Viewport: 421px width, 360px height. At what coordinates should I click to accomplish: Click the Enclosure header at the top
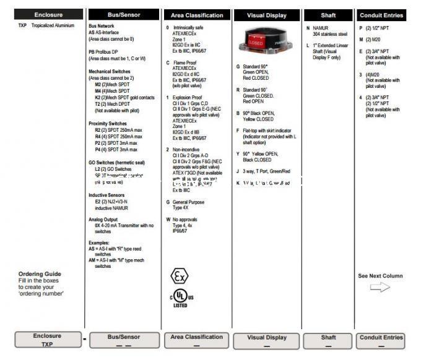pyautogui.click(x=48, y=14)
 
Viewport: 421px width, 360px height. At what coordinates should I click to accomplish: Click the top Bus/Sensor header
pyautogui.click(x=123, y=14)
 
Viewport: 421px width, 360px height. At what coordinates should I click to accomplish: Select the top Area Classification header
pyautogui.click(x=196, y=14)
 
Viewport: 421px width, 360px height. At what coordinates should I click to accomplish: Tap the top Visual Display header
pyautogui.click(x=267, y=14)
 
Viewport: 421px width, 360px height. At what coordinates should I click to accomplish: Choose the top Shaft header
pyautogui.click(x=328, y=14)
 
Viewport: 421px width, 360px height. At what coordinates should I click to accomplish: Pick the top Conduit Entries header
pyautogui.click(x=381, y=14)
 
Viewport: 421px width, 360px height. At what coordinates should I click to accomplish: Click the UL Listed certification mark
pyautogui.click(x=180, y=298)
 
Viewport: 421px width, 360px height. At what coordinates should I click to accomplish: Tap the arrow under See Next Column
pyautogui.click(x=380, y=287)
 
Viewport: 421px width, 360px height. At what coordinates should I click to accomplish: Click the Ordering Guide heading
pyautogui.click(x=40, y=273)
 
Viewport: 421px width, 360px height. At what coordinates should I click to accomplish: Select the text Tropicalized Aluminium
pyautogui.click(x=56, y=25)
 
